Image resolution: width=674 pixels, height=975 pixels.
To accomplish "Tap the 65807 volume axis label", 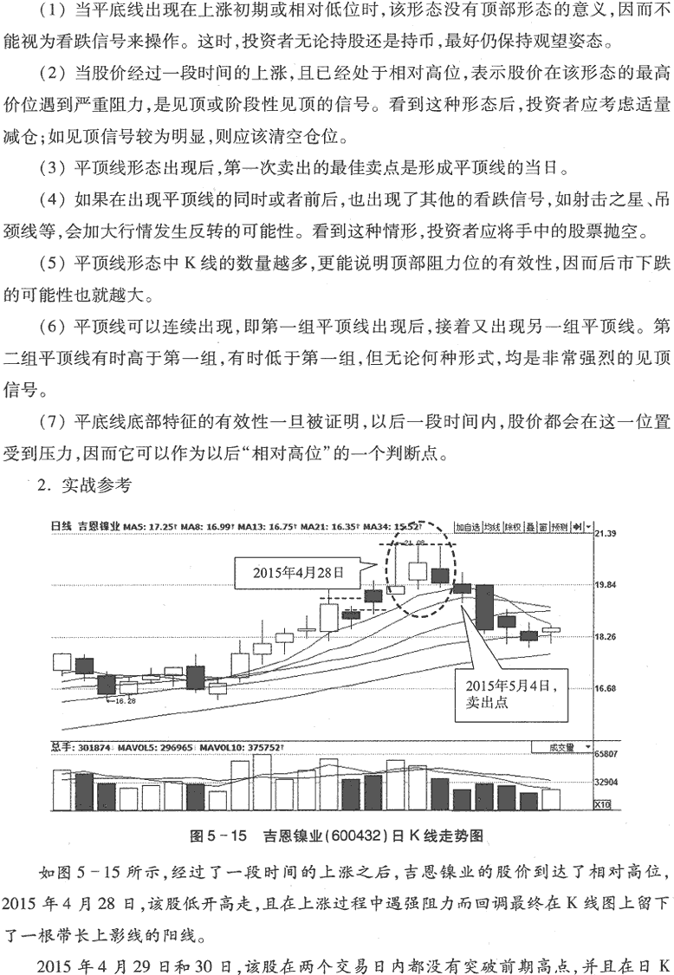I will tap(607, 755).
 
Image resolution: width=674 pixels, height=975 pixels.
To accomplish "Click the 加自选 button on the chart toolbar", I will tap(468, 526).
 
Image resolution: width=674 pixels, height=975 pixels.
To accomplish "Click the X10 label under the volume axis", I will tap(603, 805).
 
